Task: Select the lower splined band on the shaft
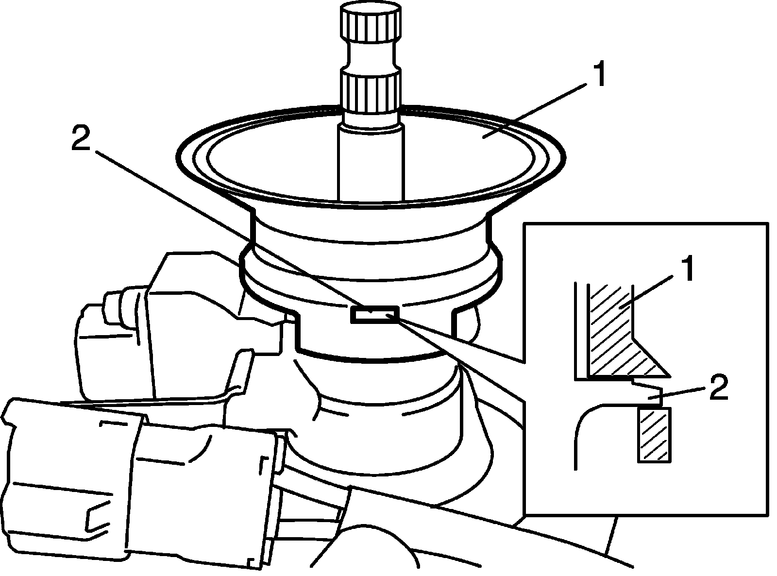pos(371,91)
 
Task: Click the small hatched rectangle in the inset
pos(654,434)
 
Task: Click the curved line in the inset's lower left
pos(583,427)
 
